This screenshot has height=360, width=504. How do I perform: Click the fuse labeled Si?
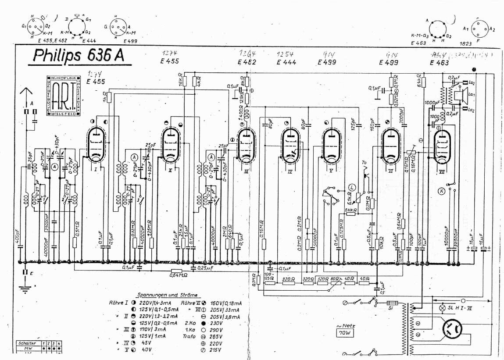tap(392, 303)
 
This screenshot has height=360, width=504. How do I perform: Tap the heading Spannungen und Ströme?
tap(167, 295)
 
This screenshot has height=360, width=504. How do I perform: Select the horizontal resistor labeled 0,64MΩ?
tap(177, 271)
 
